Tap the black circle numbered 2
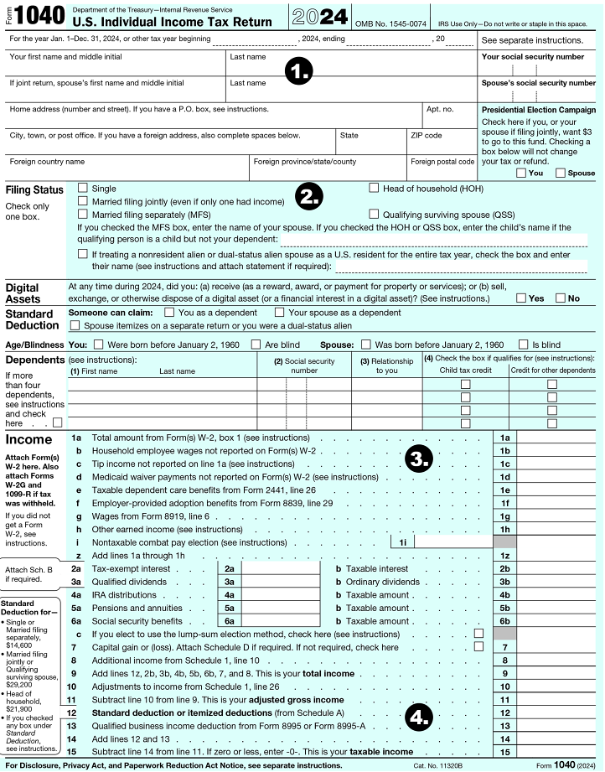(309, 198)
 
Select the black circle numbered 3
(418, 459)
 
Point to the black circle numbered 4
(418, 716)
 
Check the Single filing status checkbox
(82, 189)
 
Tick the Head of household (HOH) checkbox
(374, 189)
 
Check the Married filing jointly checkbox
(82, 202)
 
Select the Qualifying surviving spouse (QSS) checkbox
(374, 215)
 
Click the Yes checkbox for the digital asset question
(521, 298)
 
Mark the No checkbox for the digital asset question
(560, 298)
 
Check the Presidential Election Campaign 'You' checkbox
(521, 173)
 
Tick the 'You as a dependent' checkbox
(169, 312)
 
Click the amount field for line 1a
(560, 438)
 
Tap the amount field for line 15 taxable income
(560, 752)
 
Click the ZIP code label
(426, 135)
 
